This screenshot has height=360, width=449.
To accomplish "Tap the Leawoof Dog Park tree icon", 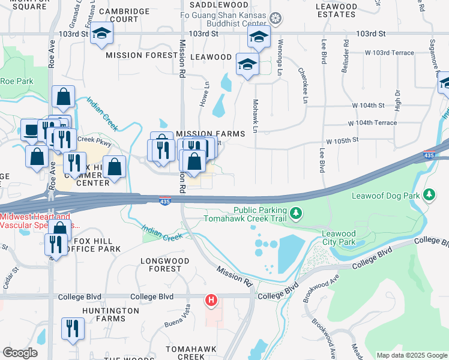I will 429,194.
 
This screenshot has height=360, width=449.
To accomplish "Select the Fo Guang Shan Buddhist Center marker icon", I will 275,19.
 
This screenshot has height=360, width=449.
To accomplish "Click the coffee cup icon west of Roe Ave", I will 31,128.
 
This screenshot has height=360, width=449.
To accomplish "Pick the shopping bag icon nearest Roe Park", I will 63,96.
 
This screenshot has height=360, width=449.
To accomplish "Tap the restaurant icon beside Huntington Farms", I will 72,328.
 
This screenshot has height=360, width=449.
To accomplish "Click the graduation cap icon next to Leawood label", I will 247,64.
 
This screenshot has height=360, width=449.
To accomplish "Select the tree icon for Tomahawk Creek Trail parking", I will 295,213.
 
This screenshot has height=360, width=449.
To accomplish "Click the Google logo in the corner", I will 20,353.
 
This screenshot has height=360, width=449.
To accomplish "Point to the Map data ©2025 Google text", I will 411,355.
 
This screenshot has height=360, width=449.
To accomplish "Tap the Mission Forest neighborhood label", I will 141,55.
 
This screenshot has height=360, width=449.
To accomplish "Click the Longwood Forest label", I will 164,265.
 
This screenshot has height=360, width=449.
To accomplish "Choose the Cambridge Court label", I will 124,15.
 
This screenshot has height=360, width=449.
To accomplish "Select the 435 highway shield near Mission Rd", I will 165,202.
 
